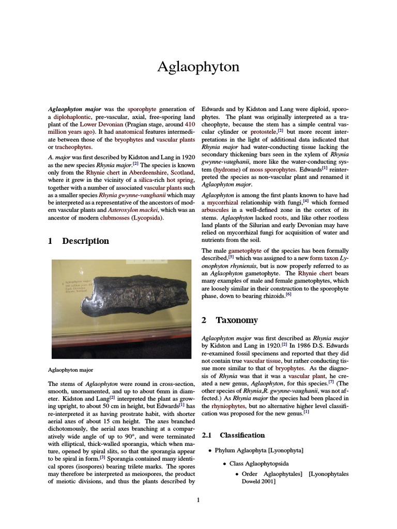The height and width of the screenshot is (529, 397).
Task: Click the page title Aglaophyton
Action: click(198, 68)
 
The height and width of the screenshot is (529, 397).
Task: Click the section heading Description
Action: click(85, 241)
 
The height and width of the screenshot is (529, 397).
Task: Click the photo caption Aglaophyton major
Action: click(70, 370)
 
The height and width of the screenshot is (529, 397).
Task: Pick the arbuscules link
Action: click(218, 210)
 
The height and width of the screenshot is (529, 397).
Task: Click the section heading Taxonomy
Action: click(236, 320)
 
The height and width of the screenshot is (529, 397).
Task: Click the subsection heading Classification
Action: click(242, 435)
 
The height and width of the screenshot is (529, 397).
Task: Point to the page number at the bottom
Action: click(198, 500)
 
